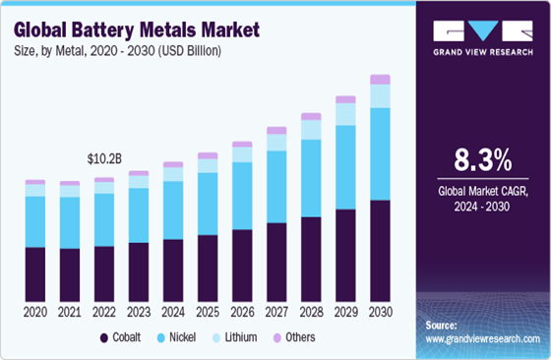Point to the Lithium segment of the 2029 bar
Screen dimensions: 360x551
coord(345,114)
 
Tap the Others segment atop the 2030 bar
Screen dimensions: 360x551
coord(379,80)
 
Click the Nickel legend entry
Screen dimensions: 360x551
coord(173,337)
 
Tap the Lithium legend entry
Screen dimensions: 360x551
coord(236,337)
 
